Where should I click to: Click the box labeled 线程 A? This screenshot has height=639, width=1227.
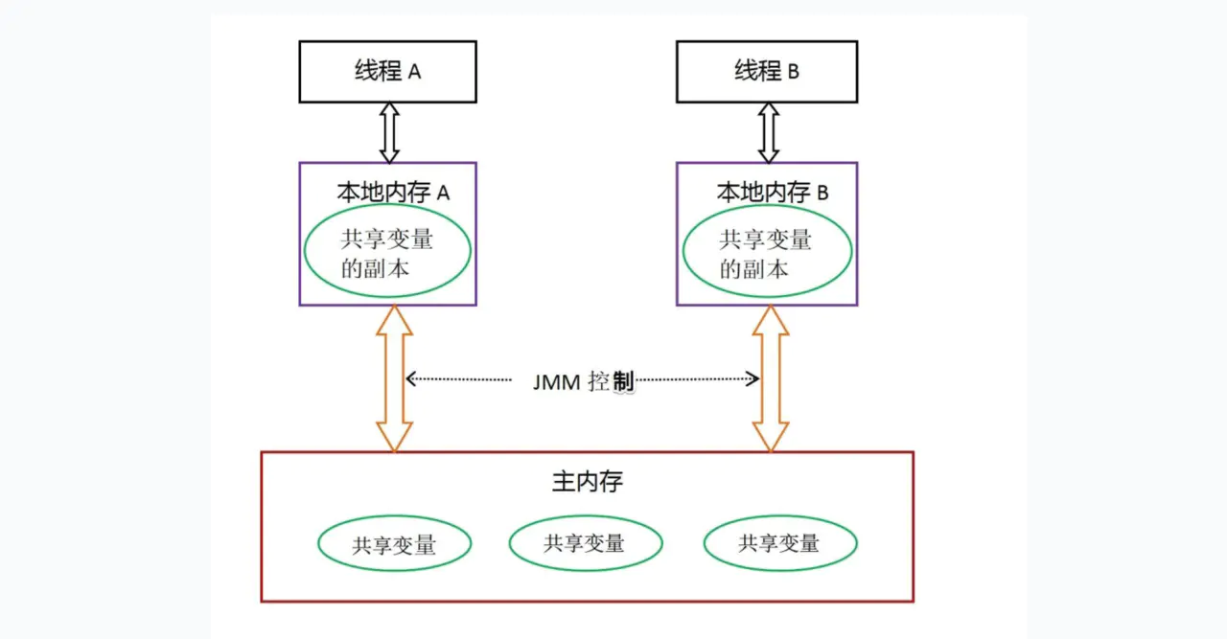(x=387, y=72)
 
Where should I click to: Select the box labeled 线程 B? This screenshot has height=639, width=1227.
(x=767, y=72)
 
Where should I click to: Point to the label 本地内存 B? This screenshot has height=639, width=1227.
(x=773, y=192)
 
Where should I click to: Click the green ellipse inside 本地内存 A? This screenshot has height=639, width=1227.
(x=387, y=252)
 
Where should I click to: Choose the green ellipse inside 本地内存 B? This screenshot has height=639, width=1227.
(x=767, y=252)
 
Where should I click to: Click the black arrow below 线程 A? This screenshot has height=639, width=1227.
(x=388, y=132)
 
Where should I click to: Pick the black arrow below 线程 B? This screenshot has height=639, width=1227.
(x=768, y=132)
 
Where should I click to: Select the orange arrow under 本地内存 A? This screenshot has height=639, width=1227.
(x=394, y=378)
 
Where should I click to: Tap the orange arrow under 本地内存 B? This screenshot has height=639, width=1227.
(x=771, y=378)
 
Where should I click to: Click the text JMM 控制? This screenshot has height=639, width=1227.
(x=583, y=380)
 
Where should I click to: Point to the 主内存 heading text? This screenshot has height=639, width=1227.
(x=587, y=481)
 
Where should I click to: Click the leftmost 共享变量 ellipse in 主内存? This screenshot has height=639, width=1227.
(x=394, y=544)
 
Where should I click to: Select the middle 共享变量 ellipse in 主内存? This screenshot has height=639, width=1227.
(x=585, y=544)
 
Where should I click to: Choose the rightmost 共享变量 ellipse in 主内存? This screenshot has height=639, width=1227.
(x=779, y=544)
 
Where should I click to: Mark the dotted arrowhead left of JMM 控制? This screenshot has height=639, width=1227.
(x=410, y=379)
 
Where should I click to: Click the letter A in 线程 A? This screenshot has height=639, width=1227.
(x=414, y=72)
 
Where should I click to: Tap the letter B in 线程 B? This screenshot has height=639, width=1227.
(x=793, y=72)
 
